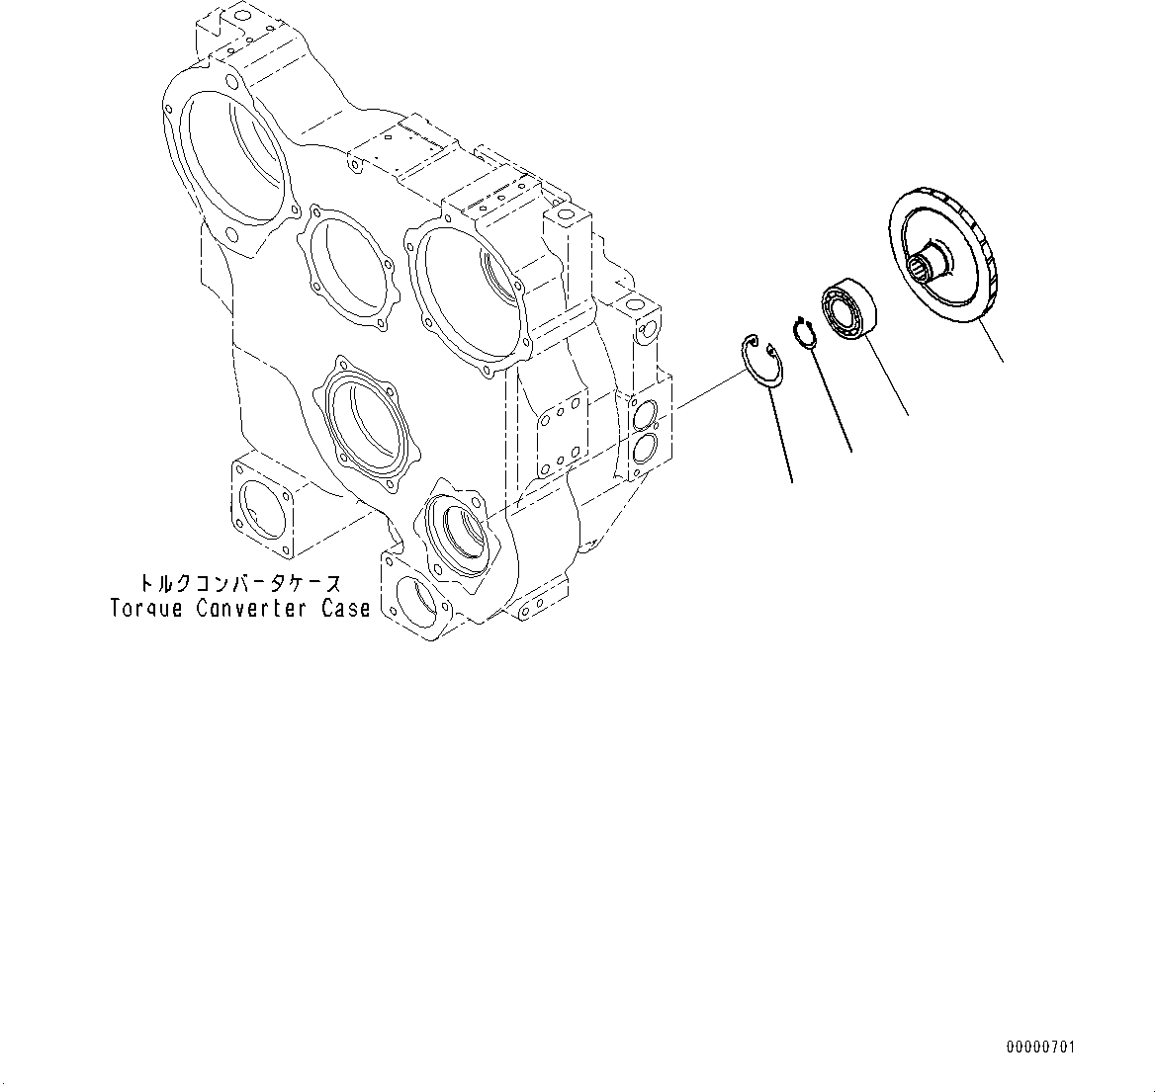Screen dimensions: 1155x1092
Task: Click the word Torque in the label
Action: pos(146,609)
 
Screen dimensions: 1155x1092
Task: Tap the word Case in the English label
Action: pos(346,609)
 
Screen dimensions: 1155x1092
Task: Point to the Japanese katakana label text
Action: pos(240,584)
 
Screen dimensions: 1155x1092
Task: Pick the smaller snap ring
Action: pos(805,332)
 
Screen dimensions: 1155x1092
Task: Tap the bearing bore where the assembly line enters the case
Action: pos(460,533)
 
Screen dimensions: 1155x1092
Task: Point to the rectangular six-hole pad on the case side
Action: pos(559,435)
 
